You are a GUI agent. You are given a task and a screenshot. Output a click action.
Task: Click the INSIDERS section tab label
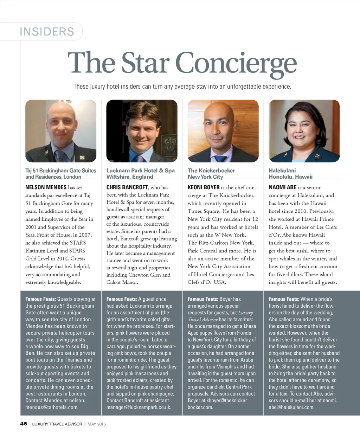[x=47, y=32]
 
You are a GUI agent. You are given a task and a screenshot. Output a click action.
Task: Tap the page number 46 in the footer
[x=24, y=424]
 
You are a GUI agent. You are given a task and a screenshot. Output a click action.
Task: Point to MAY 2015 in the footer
[x=97, y=424]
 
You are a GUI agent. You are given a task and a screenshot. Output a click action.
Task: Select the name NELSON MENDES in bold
[x=46, y=187]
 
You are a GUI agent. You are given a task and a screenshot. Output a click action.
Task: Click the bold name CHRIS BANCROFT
[x=127, y=187]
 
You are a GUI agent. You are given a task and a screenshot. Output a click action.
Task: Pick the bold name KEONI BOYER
[x=204, y=187]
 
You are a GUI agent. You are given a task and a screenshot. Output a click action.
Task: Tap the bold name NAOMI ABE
[x=283, y=187]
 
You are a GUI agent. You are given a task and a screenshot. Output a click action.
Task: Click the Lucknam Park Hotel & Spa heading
[x=140, y=171]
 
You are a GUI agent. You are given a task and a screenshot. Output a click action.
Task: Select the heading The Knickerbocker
[x=211, y=171]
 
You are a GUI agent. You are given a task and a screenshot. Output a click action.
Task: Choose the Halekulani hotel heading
[x=282, y=171]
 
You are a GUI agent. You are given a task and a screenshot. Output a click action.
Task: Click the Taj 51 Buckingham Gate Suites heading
[x=60, y=171]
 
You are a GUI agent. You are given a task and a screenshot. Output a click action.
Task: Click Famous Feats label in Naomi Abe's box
[x=284, y=299]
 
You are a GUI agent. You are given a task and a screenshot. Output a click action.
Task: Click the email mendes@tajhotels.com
[x=52, y=407]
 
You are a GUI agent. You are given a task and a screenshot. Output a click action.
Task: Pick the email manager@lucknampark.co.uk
[x=139, y=407]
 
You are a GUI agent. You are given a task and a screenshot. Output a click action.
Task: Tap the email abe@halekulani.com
[x=291, y=407]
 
